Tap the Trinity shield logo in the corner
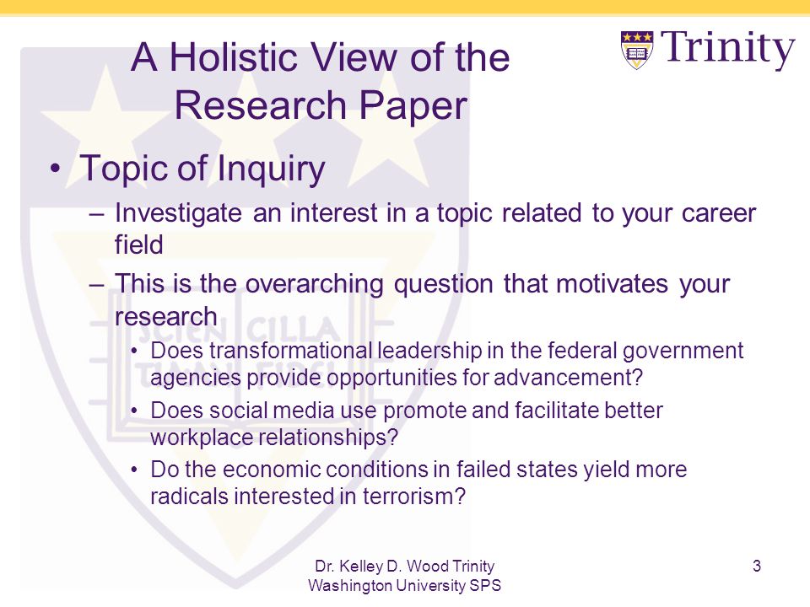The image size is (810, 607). point(637,50)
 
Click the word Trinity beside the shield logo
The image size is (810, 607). point(728,47)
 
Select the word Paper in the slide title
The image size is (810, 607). point(413,105)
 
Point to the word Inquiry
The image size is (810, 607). point(271,169)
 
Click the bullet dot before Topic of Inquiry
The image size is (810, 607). point(56,169)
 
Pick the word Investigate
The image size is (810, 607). point(178,213)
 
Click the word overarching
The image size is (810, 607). point(314,284)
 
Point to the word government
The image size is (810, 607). point(683,352)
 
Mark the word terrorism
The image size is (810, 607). point(414,497)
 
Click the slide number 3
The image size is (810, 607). point(757,567)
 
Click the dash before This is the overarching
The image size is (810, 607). point(97,284)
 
